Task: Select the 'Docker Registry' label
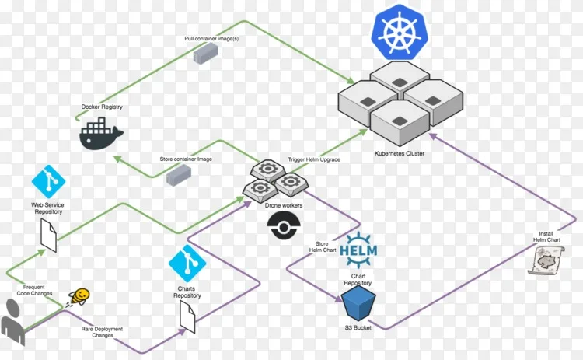pos(102,107)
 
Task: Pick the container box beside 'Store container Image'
pos(178,175)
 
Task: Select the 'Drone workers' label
pos(284,205)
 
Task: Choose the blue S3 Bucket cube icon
pos(359,302)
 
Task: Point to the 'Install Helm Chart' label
pos(546,236)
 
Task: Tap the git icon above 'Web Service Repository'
pos(49,180)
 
